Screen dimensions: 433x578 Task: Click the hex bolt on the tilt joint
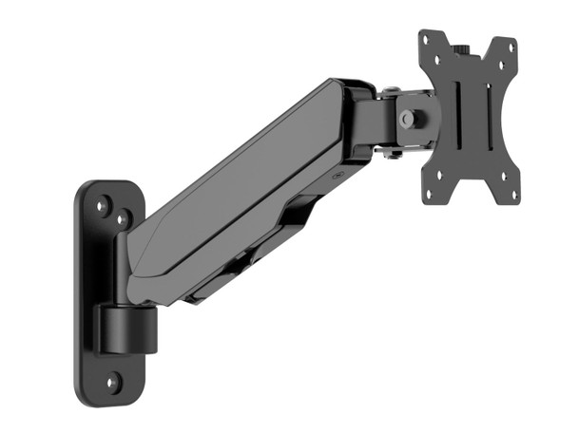tap(407, 119)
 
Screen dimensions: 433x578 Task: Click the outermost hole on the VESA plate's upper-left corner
tap(425, 39)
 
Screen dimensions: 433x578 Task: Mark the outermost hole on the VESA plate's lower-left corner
tap(427, 195)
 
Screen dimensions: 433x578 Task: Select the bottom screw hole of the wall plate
tap(112, 382)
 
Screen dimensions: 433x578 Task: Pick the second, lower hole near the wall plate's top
tap(121, 219)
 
